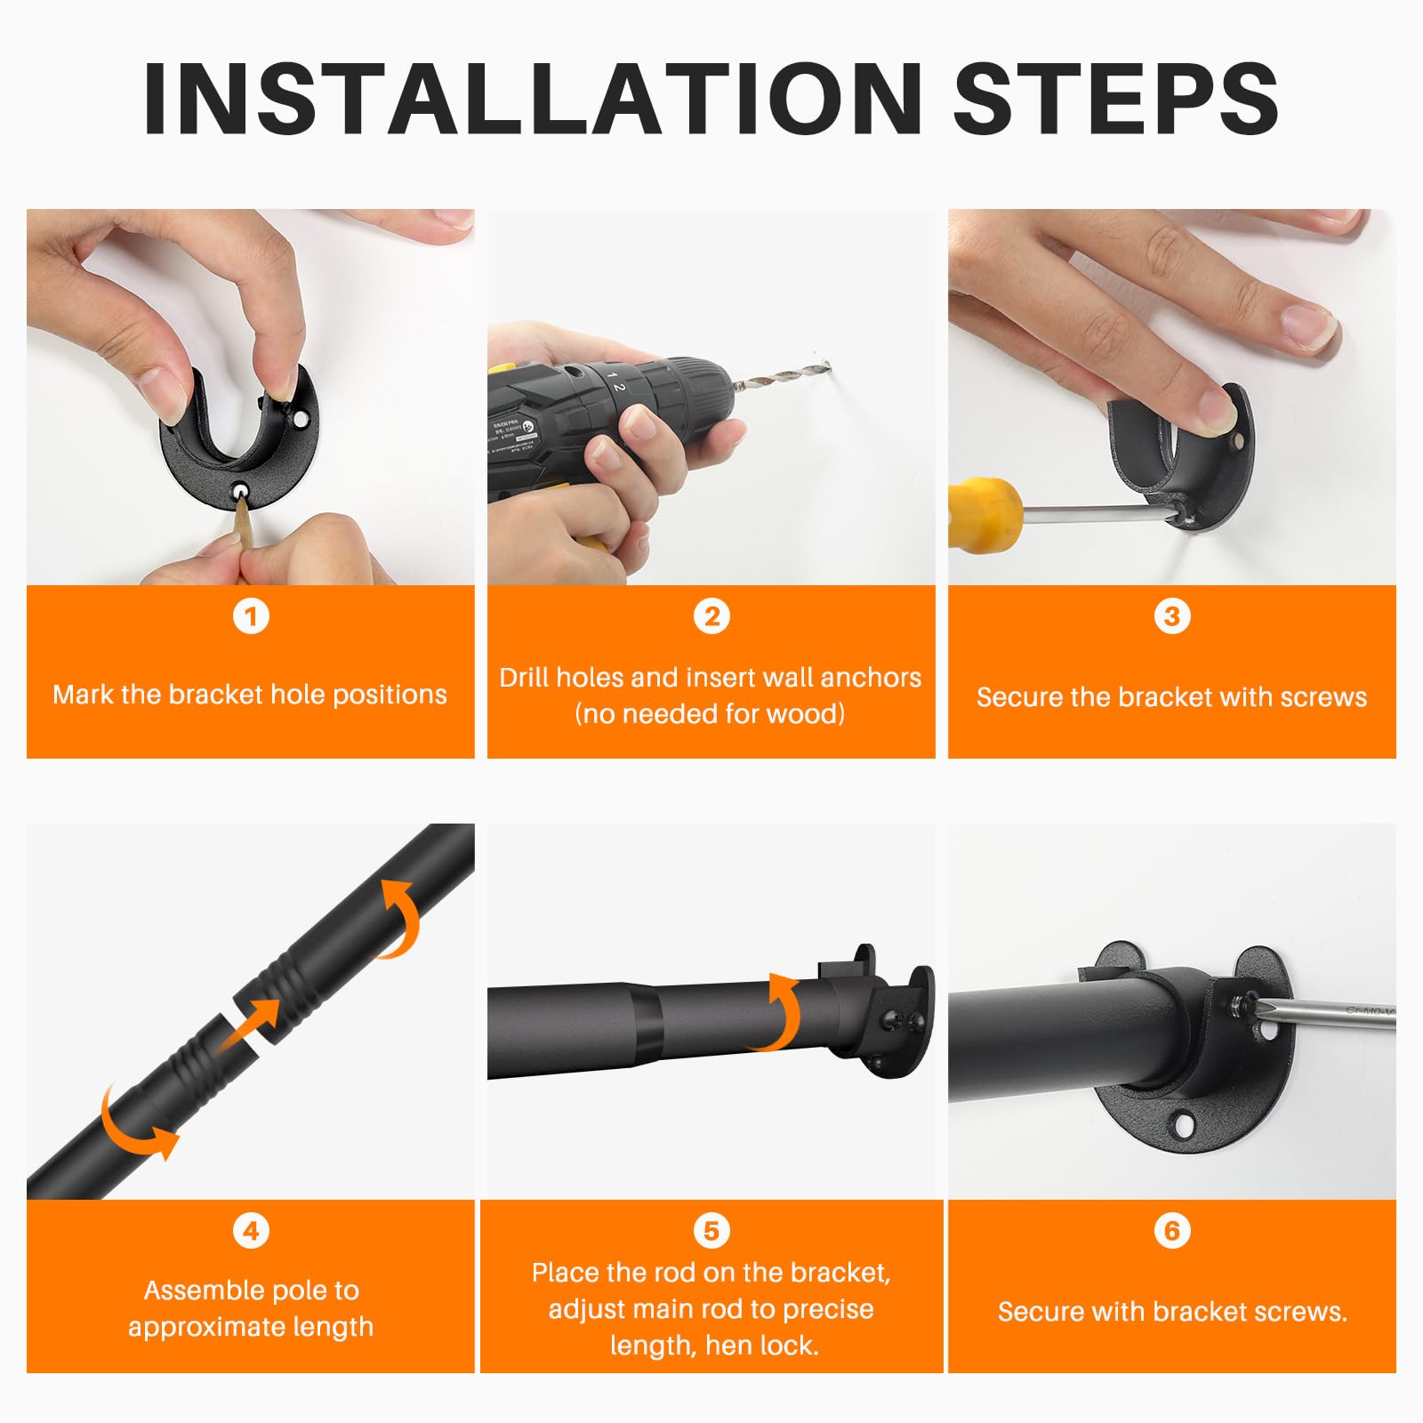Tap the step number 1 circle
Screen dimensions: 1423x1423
pos(251,616)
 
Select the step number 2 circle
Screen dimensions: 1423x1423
pos(711,616)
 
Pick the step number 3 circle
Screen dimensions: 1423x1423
pos(1172,616)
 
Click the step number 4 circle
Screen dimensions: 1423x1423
pos(251,1231)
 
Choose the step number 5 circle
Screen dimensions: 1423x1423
pos(711,1231)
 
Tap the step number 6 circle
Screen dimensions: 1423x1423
pos(1172,1231)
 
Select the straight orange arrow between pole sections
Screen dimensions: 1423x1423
pos(249,1025)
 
